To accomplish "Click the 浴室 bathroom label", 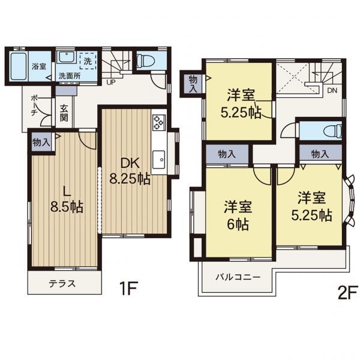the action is (39, 67).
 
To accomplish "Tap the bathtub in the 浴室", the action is (19, 66).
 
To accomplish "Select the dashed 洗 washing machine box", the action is (88, 61).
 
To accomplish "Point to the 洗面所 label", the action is (70, 76).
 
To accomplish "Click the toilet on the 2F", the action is (332, 131).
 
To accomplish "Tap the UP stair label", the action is (111, 82).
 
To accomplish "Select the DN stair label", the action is (332, 91).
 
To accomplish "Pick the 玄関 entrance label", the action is (64, 113).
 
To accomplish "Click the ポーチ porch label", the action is (34, 106).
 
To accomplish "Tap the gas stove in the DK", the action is (158, 122).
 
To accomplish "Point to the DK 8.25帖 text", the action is (130, 171).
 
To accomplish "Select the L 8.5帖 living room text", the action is (67, 199).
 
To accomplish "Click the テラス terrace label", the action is (62, 284).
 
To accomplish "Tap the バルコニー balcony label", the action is (238, 277).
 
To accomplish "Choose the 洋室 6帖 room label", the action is (238, 215).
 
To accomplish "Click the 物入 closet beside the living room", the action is (41, 142).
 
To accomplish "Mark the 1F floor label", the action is (128, 289).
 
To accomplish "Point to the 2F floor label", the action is (347, 292).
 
